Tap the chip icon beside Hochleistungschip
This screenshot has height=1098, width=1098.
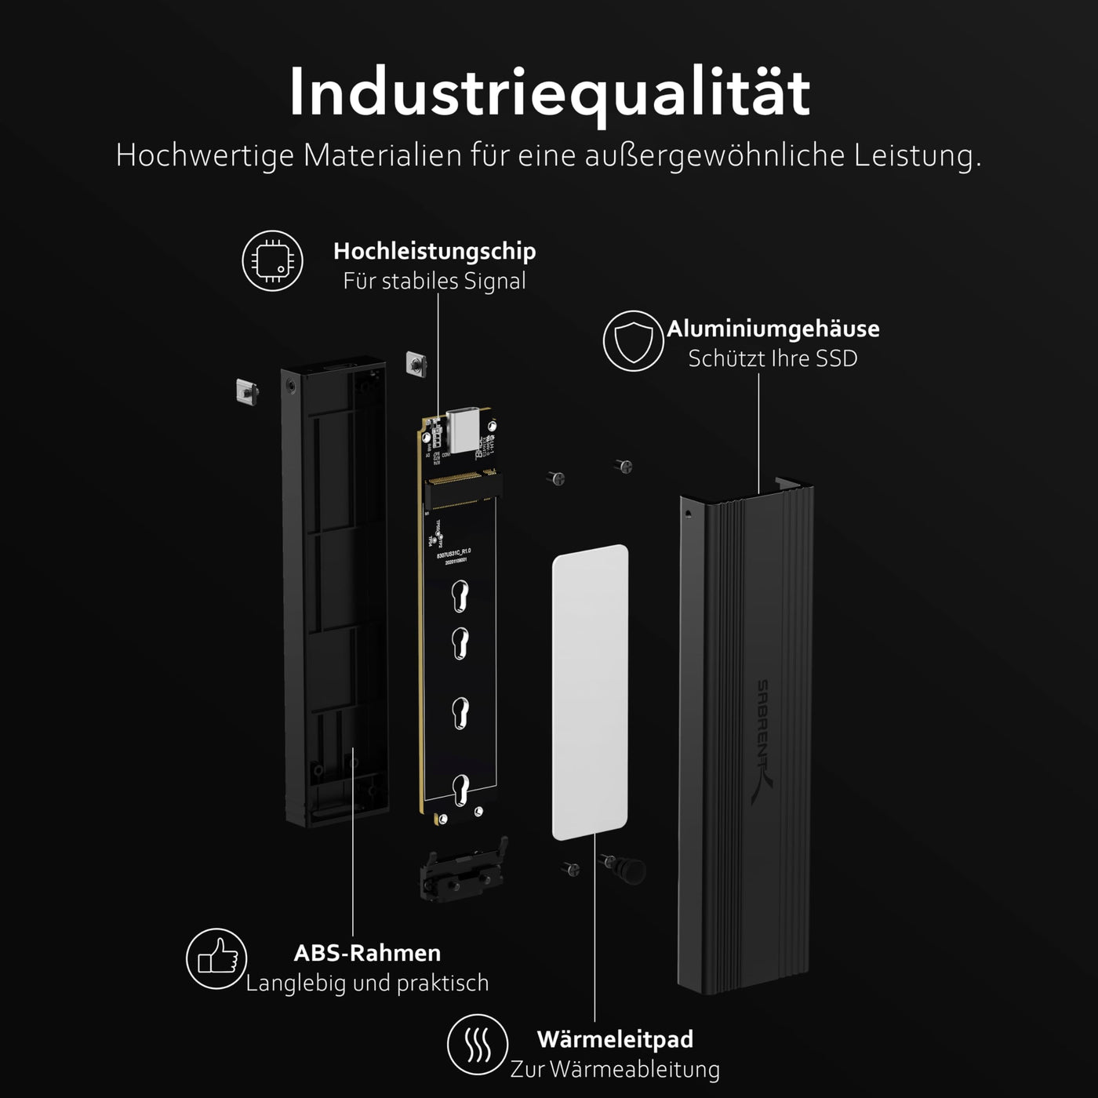point(272,260)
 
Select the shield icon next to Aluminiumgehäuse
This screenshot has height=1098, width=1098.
point(633,341)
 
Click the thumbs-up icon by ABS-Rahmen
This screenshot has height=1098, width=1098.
point(216,958)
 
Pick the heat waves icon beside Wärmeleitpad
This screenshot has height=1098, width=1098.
point(478,1045)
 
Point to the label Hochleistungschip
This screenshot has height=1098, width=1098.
point(434,251)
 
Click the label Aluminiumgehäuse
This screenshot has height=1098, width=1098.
point(773,329)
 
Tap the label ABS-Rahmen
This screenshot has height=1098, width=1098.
point(367,953)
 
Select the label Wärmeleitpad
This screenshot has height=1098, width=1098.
point(615,1039)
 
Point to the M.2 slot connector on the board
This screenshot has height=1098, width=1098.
point(461,488)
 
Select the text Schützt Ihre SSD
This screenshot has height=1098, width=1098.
point(773,358)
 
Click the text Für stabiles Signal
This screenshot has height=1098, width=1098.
point(434,281)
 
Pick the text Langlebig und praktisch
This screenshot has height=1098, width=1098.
point(367,983)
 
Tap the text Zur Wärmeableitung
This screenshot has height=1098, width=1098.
point(615,1069)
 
